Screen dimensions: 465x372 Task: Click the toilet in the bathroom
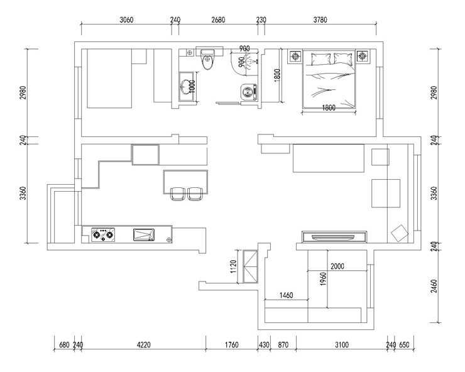click(x=207, y=60)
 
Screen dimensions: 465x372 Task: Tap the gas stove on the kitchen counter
click(x=103, y=234)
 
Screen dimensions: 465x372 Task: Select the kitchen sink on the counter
click(x=144, y=234)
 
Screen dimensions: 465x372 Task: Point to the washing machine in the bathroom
click(x=249, y=92)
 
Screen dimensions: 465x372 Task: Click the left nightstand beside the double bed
click(x=295, y=56)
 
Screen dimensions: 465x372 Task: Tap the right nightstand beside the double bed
click(x=362, y=56)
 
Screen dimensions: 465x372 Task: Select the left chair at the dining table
click(x=178, y=194)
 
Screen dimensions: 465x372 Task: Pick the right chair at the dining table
click(x=195, y=194)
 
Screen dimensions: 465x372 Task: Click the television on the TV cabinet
click(x=333, y=237)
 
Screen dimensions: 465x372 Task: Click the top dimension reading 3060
click(x=127, y=20)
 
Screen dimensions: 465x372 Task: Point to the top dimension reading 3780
click(x=320, y=20)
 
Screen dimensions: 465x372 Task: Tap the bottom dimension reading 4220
click(x=143, y=345)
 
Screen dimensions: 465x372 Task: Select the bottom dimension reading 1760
click(x=232, y=345)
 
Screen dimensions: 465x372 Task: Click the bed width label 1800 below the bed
click(x=329, y=107)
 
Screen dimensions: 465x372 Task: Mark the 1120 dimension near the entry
click(x=233, y=266)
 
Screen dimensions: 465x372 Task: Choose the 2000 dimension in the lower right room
click(x=337, y=266)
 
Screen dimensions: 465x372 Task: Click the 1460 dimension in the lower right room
click(x=286, y=295)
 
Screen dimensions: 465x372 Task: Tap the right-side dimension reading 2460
click(x=434, y=286)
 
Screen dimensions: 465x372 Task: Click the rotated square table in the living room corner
click(x=400, y=233)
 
